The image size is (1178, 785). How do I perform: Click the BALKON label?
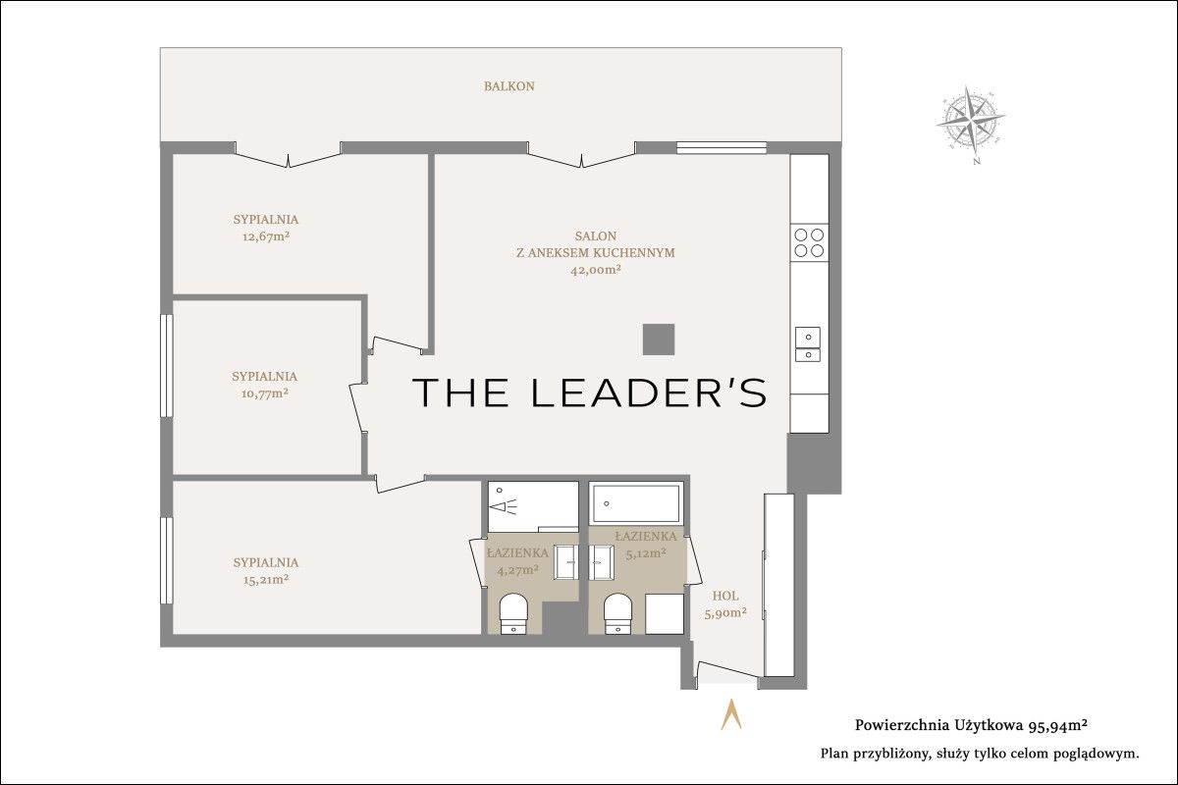pos(509,86)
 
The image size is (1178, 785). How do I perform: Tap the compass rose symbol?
pos(971,122)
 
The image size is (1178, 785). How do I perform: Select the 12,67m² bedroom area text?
pos(266,236)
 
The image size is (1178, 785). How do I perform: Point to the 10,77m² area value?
pos(265,393)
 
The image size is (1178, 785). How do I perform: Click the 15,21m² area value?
pos(266,579)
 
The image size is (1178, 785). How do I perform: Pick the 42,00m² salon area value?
pos(596,270)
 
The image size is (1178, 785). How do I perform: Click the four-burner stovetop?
pos(809,242)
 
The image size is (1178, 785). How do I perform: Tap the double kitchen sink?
pos(808,344)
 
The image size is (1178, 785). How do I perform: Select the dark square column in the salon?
pos(659,340)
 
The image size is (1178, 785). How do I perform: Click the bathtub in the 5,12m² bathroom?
pos(636,503)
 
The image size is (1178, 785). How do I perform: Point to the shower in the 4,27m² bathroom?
pos(533,507)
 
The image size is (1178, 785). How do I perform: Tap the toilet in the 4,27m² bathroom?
pos(513,613)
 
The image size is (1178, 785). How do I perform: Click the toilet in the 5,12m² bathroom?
pos(617,613)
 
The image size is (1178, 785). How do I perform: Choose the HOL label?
pos(725,597)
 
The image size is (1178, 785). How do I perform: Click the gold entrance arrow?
pos(731,714)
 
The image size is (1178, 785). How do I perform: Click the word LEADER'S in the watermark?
pos(649,392)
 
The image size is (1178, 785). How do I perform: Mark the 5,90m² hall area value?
pos(725,613)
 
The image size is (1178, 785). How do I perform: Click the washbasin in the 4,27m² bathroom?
pos(565,562)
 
